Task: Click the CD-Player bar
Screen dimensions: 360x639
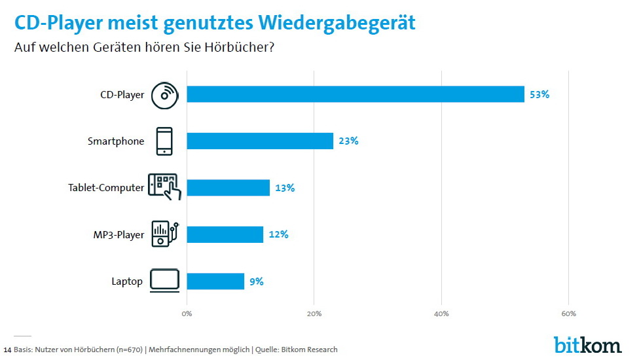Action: coord(356,94)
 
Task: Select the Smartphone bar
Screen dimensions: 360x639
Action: coord(260,141)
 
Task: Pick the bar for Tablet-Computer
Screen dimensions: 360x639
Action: coord(228,188)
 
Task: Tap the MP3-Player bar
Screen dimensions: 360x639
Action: coord(225,234)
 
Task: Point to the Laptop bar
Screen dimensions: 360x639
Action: coord(215,281)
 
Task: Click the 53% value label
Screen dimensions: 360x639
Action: coord(539,94)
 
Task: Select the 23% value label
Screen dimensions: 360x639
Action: coord(348,141)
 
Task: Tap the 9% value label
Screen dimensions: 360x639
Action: coord(256,281)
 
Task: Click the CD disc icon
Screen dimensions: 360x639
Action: coord(164,95)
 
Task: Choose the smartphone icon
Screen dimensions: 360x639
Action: coord(164,141)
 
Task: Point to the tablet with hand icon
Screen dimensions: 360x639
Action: coord(164,187)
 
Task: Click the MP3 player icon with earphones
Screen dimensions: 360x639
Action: coord(164,234)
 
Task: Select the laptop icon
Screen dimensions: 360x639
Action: coord(164,281)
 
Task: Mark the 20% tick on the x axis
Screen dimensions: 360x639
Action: coord(314,314)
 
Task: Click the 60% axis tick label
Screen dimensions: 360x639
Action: coord(568,314)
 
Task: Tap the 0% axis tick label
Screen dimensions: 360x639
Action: coord(187,314)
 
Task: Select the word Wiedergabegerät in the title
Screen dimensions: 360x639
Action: coord(337,23)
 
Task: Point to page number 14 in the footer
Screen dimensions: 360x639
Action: coord(7,350)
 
